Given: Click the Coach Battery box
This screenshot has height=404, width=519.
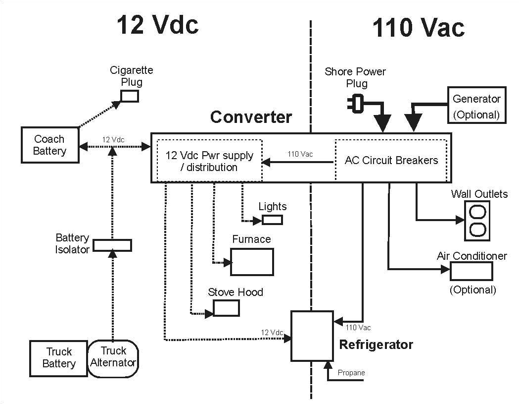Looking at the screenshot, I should click(x=50, y=145).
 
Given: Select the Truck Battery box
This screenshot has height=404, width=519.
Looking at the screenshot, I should click(x=59, y=357).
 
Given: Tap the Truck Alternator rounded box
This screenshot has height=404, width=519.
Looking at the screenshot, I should click(x=113, y=357).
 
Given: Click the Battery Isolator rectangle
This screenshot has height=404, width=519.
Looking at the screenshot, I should click(x=112, y=245).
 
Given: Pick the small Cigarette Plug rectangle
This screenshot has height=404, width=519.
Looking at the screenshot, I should click(x=130, y=96).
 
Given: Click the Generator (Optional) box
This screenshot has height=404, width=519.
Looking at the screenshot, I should click(x=476, y=106).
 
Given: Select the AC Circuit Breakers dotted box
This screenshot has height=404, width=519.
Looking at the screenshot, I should click(x=391, y=160).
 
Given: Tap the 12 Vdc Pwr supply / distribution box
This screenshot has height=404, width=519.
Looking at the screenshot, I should click(x=209, y=161).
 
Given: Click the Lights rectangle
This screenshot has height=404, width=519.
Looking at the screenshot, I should click(x=272, y=220).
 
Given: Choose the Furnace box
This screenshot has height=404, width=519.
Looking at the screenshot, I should click(x=252, y=262).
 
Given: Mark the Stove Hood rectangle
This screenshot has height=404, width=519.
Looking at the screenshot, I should click(x=227, y=308).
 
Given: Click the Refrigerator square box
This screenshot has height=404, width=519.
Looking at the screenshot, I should click(x=312, y=336).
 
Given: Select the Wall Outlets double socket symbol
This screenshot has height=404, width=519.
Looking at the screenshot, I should click(x=477, y=221).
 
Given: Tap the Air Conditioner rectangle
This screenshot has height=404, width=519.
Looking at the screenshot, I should click(x=471, y=271).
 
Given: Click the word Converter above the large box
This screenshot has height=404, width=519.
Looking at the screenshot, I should click(x=251, y=117).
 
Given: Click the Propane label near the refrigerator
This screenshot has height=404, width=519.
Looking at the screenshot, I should click(x=351, y=373).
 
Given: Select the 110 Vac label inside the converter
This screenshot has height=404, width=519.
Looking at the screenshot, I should click(x=300, y=154).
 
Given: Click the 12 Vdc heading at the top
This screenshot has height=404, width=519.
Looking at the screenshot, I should click(x=158, y=25).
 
